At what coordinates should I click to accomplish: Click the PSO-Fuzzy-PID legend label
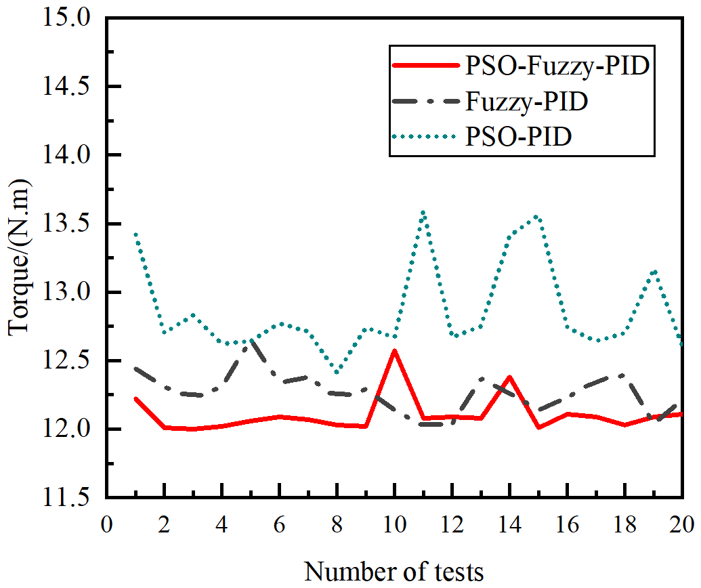(557, 66)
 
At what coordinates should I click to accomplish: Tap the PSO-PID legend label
(519, 138)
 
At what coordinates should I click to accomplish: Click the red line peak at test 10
(394, 350)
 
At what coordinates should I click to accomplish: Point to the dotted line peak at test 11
(423, 212)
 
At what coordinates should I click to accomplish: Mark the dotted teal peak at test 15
(537, 216)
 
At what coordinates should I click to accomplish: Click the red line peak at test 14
(509, 377)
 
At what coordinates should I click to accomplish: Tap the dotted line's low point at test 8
(337, 372)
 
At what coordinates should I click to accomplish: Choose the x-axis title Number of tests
(394, 570)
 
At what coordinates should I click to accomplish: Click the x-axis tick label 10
(394, 525)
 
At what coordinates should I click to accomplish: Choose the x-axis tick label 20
(680, 525)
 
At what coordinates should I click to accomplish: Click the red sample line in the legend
(425, 66)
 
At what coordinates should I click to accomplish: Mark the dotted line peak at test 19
(653, 271)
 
